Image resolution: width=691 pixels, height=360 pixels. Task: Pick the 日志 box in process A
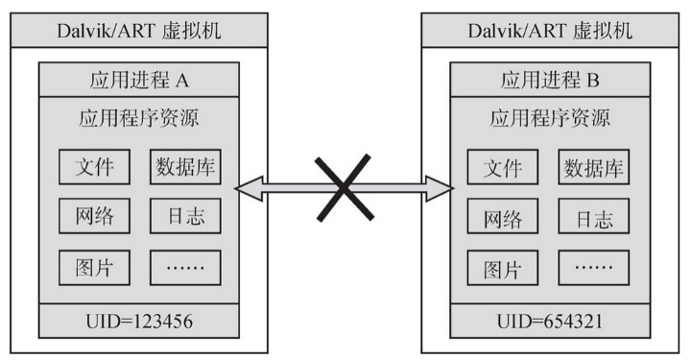[x=185, y=216]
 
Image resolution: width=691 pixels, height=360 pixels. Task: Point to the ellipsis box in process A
[x=185, y=266]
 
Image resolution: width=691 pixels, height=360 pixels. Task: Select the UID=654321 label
[x=549, y=317]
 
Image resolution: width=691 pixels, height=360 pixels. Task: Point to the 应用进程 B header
[x=549, y=77]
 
